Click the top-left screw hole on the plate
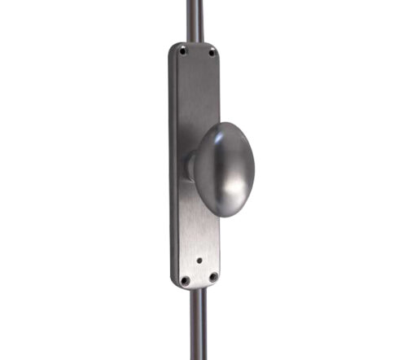(183, 50)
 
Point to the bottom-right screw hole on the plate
(212, 277)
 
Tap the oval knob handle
(225, 169)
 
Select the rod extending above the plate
(193, 20)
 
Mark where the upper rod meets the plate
(194, 42)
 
